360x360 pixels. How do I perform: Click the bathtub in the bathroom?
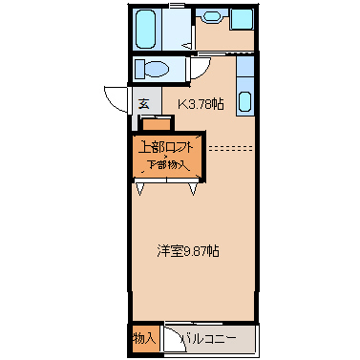tap(148, 30)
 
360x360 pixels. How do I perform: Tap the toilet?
tap(150, 69)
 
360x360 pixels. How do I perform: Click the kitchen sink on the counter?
tap(243, 103)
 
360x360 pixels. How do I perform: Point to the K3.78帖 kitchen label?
tap(201, 102)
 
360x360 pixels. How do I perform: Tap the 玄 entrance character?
tap(143, 102)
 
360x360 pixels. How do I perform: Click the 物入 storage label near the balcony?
tap(143, 338)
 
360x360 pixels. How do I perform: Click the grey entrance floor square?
tap(143, 102)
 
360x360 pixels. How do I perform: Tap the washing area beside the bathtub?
tap(180, 30)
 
